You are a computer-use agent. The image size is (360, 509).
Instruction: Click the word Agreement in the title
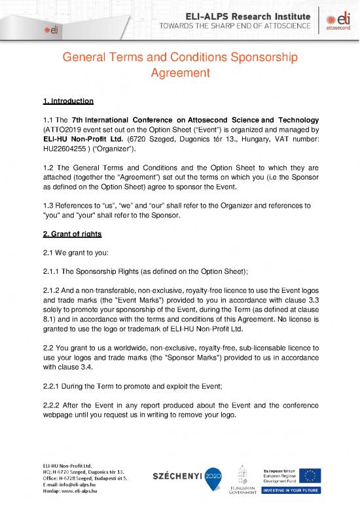tap(179, 75)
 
